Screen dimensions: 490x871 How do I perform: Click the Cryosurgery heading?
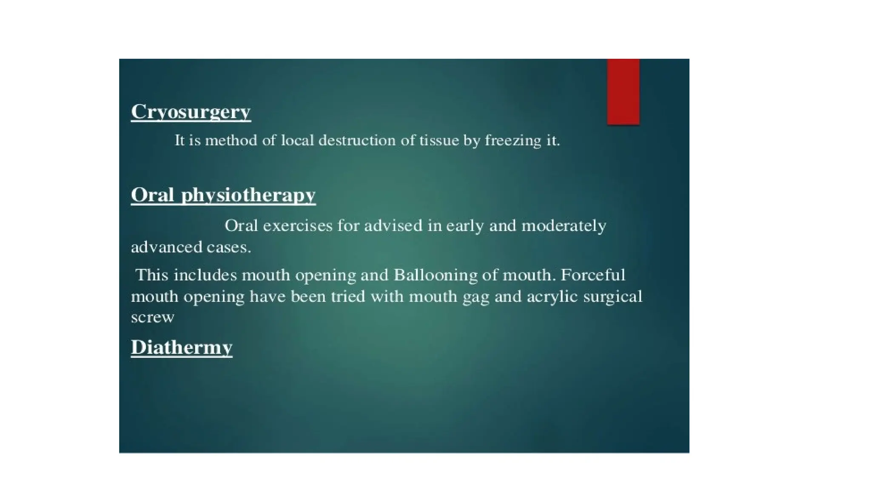tap(191, 112)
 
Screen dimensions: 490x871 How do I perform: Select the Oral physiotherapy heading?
tap(223, 195)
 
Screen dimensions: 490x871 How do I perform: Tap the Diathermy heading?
tap(182, 348)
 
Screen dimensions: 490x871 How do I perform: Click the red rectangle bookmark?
tap(623, 91)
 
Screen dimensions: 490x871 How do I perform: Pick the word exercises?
tap(297, 225)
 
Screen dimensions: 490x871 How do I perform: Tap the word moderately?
tap(564, 226)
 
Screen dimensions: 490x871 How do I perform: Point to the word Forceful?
tap(593, 275)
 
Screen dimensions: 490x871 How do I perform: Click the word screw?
tap(152, 317)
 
